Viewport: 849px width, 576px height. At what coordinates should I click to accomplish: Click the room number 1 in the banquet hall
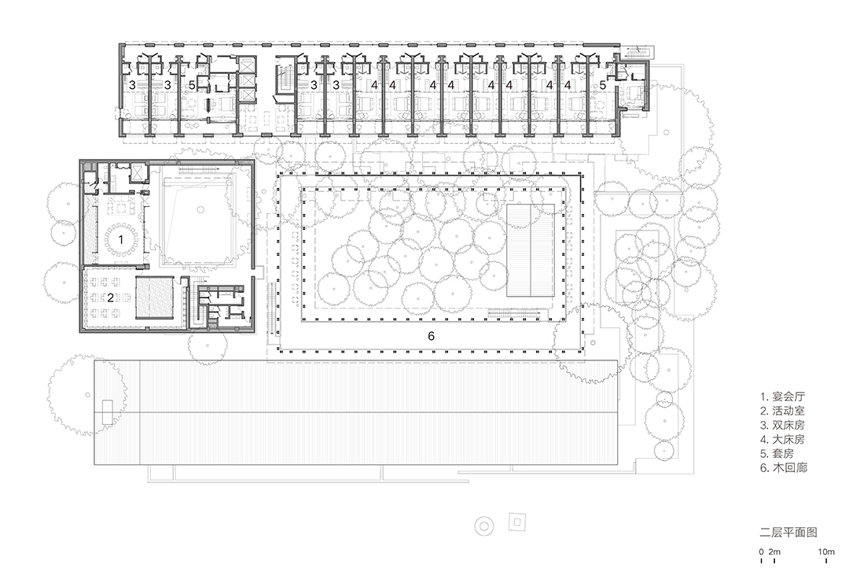[x=121, y=239]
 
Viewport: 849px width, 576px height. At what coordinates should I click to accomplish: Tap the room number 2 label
[x=111, y=297]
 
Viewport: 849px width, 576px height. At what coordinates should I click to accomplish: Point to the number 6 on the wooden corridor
[x=431, y=336]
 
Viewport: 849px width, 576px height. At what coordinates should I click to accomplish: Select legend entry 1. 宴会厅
[x=782, y=397]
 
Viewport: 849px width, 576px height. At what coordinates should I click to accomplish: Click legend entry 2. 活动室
[x=782, y=411]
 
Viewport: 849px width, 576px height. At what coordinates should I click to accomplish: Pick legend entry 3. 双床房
[x=782, y=425]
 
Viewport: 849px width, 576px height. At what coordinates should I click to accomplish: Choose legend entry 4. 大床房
[x=782, y=439]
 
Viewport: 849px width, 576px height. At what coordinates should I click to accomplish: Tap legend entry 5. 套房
[x=777, y=453]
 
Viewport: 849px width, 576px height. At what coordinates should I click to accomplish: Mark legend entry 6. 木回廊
[x=784, y=467]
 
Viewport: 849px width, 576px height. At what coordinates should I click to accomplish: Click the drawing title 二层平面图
[x=788, y=532]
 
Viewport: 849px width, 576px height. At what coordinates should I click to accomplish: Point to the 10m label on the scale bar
[x=826, y=552]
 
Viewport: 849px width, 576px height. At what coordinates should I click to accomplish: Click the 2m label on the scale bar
[x=775, y=552]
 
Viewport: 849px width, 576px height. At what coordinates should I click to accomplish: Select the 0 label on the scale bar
[x=761, y=552]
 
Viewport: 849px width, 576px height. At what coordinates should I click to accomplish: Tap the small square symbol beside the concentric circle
[x=517, y=522]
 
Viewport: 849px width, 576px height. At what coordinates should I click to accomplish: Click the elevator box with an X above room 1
[x=138, y=173]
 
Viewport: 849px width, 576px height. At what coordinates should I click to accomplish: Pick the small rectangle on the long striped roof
[x=108, y=412]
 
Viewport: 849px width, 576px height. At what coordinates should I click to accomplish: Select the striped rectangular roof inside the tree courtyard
[x=531, y=250]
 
